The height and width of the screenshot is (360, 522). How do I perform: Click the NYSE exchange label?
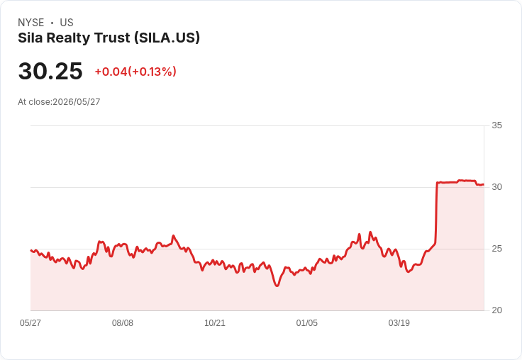[x=31, y=23]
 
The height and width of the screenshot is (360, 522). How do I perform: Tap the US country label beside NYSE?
[x=67, y=23]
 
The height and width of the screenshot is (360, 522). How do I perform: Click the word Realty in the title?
[x=68, y=38]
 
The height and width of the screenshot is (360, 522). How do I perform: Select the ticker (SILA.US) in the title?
[x=167, y=38]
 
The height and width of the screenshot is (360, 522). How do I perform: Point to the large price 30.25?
[x=50, y=71]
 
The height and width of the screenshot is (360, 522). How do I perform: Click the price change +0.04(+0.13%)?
[x=135, y=72]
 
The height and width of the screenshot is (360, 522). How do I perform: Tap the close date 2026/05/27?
[x=76, y=102]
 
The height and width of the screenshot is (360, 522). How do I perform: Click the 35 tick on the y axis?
[x=496, y=125]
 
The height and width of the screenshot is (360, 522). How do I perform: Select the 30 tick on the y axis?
[x=496, y=187]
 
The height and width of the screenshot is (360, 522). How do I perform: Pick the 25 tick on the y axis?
[x=496, y=249]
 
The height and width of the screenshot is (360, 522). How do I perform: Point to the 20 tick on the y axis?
[x=496, y=310]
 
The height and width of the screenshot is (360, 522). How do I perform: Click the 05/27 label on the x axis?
[x=30, y=322]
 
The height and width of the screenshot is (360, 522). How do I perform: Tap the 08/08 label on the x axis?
[x=123, y=322]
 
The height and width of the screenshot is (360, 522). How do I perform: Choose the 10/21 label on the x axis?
[x=215, y=322]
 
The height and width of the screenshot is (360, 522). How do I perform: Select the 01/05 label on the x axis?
[x=307, y=322]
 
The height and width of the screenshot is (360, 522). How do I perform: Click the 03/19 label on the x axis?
[x=399, y=322]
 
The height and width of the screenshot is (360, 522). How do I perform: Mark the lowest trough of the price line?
[x=277, y=286]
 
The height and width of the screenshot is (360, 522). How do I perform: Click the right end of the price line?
[x=484, y=184]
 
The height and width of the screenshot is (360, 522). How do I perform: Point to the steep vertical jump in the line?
[x=436, y=213]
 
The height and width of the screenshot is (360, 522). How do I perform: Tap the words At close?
[x=34, y=102]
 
